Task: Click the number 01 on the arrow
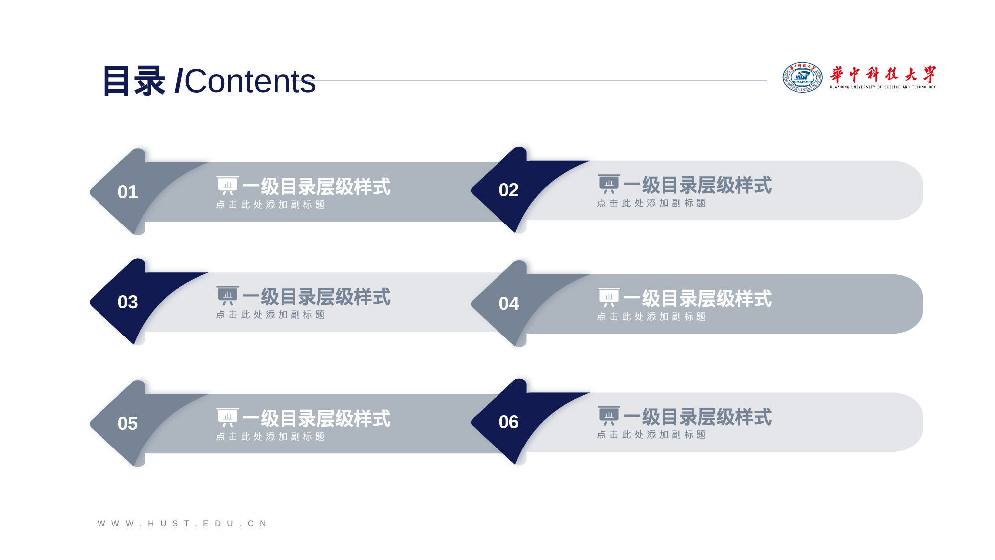128,192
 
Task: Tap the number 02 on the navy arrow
509,190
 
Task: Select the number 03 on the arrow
128,302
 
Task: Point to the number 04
509,304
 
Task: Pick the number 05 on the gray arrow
128,424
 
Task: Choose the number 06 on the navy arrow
509,422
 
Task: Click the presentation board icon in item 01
228,186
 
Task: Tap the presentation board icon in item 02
609,184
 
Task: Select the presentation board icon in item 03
228,296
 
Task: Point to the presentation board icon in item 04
609,298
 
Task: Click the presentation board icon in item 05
228,418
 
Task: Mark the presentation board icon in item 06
609,416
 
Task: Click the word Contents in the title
250,81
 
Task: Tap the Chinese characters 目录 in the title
134,81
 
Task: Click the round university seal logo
802,77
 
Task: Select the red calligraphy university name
883,74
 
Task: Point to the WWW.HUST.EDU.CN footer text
183,523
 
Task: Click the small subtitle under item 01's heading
271,205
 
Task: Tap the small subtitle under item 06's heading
652,435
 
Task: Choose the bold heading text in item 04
697,299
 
